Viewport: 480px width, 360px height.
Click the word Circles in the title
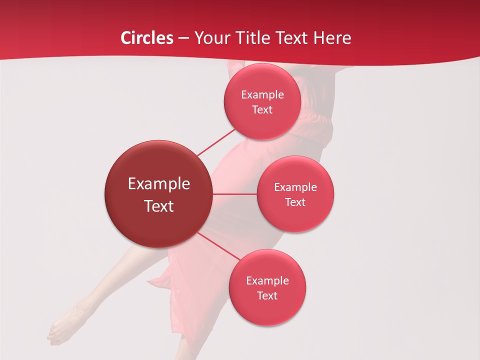(147, 38)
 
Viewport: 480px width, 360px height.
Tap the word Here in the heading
(332, 38)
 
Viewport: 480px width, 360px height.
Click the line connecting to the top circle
(216, 142)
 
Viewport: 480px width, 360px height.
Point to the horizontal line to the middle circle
(234, 194)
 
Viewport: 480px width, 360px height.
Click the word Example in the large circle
(159, 184)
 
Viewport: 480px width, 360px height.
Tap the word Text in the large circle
(159, 206)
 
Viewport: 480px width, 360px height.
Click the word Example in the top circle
(262, 95)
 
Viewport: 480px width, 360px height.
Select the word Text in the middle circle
(295, 202)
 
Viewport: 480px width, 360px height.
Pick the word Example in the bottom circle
(267, 281)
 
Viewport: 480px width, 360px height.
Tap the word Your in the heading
(210, 38)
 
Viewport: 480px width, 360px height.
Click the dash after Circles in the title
(183, 38)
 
